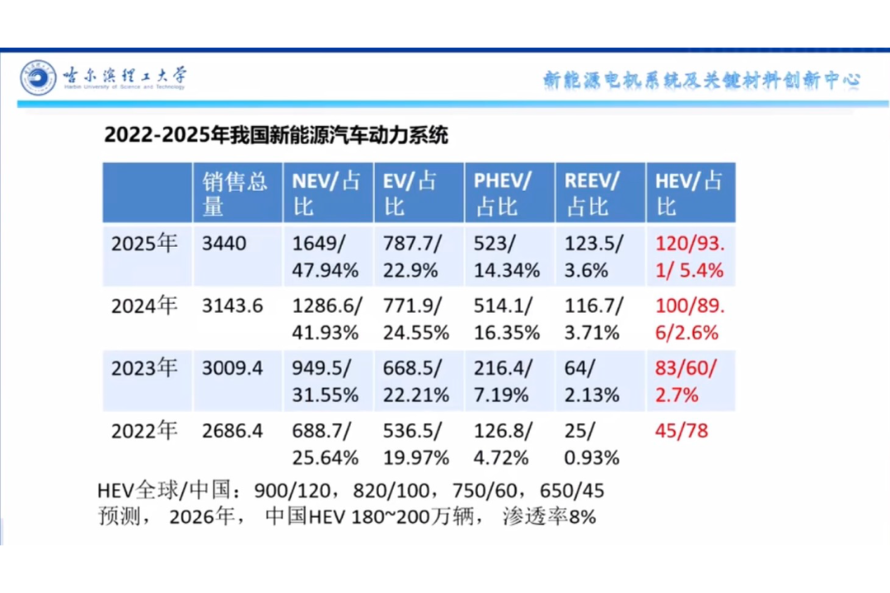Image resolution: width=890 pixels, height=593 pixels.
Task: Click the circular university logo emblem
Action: [x=38, y=77]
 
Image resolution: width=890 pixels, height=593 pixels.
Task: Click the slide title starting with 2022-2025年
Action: [x=276, y=135]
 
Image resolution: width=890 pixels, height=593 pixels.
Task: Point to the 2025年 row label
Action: [x=144, y=244]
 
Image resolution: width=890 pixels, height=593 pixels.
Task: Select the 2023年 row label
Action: [x=144, y=368]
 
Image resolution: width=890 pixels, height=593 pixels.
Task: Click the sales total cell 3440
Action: [x=224, y=244]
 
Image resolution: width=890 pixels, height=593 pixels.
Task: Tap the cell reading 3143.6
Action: [x=232, y=306]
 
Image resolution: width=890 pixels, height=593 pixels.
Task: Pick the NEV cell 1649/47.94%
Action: [x=326, y=256]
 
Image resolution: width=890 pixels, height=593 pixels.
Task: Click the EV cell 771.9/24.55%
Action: [x=416, y=319]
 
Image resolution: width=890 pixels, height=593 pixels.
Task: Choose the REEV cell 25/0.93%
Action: [x=592, y=444]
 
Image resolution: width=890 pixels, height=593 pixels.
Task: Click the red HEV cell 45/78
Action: [x=682, y=431]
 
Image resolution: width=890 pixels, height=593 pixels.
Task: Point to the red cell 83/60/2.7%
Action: [x=686, y=381]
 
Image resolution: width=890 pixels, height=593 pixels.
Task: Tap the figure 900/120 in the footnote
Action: [x=290, y=490]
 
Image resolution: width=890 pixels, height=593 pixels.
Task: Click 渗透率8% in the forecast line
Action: [x=550, y=516]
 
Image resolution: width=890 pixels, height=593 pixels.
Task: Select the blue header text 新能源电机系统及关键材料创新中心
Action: [x=701, y=80]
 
